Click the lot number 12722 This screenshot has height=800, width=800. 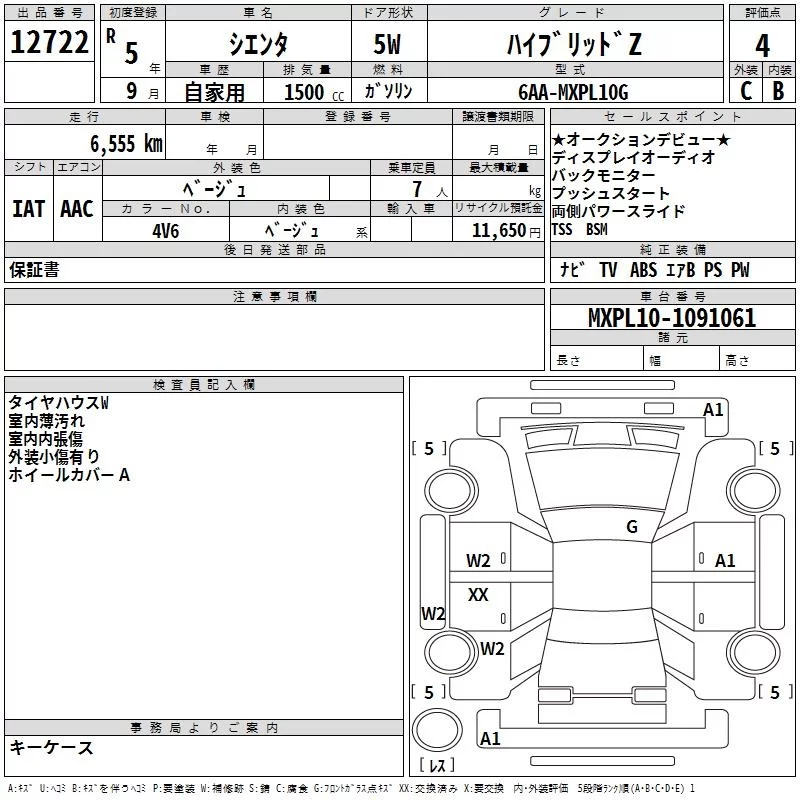[x=48, y=43]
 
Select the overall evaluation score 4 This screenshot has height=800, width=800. [x=762, y=46]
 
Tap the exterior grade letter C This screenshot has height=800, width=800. [x=744, y=90]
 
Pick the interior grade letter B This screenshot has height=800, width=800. [x=778, y=90]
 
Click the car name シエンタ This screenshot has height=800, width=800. [x=258, y=45]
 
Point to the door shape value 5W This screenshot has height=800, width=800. [x=389, y=45]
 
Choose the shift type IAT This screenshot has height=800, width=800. [x=28, y=209]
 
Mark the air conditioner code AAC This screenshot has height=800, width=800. [x=76, y=209]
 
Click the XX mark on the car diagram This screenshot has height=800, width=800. [x=478, y=595]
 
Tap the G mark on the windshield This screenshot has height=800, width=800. [x=631, y=526]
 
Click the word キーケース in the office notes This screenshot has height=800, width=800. [x=51, y=748]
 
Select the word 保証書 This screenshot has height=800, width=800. [x=34, y=270]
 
